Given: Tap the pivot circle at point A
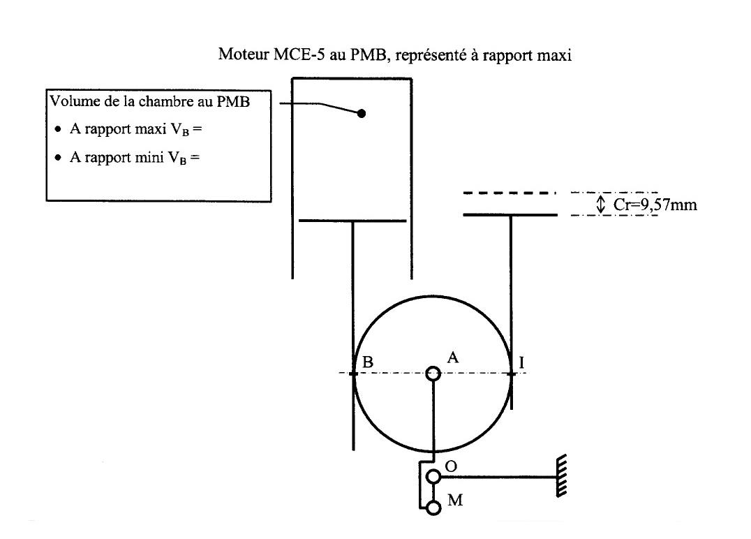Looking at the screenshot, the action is (x=433, y=374).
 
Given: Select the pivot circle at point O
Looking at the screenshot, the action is (x=434, y=477).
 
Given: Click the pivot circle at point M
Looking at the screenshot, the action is (x=434, y=508).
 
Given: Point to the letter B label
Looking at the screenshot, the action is (x=367, y=362).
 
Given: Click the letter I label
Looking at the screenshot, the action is (x=521, y=362).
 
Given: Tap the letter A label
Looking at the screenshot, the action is (x=452, y=357).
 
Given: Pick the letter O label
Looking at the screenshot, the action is (x=451, y=466).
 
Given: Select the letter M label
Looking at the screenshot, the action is (x=455, y=500).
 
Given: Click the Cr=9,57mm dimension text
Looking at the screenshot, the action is (x=655, y=205).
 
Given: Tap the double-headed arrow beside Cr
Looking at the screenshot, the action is (x=601, y=204).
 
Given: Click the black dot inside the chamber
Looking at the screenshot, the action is (x=362, y=114).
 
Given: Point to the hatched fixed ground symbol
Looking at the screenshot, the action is (x=561, y=476).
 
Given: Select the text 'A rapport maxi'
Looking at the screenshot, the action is (x=118, y=129).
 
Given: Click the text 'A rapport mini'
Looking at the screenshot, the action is (x=117, y=157).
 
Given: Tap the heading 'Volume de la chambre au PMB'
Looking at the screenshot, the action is (x=150, y=101).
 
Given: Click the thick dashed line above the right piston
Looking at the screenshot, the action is (x=510, y=193).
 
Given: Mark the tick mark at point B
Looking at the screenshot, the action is (x=353, y=374).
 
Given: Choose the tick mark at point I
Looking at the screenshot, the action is (x=511, y=374).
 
